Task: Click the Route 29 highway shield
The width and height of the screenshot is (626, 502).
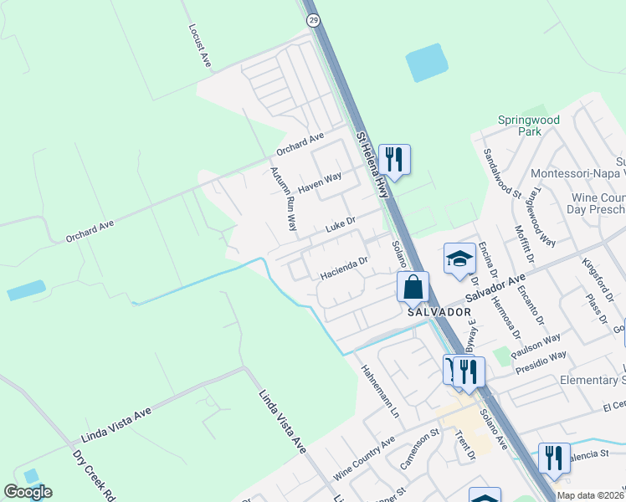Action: [312, 20]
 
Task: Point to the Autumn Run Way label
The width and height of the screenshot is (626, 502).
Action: [284, 198]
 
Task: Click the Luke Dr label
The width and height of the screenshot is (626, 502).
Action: [341, 226]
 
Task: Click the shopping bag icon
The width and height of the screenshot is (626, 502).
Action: [413, 288]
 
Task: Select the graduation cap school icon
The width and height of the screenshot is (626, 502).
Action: [459, 259]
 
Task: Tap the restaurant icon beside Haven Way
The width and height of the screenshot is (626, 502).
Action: [394, 159]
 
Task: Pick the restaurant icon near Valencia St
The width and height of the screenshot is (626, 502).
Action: [554, 458]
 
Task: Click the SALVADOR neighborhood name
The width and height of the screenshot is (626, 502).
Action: [439, 311]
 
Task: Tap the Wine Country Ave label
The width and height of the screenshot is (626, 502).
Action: [364, 457]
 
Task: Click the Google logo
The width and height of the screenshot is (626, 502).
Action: [28, 492]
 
